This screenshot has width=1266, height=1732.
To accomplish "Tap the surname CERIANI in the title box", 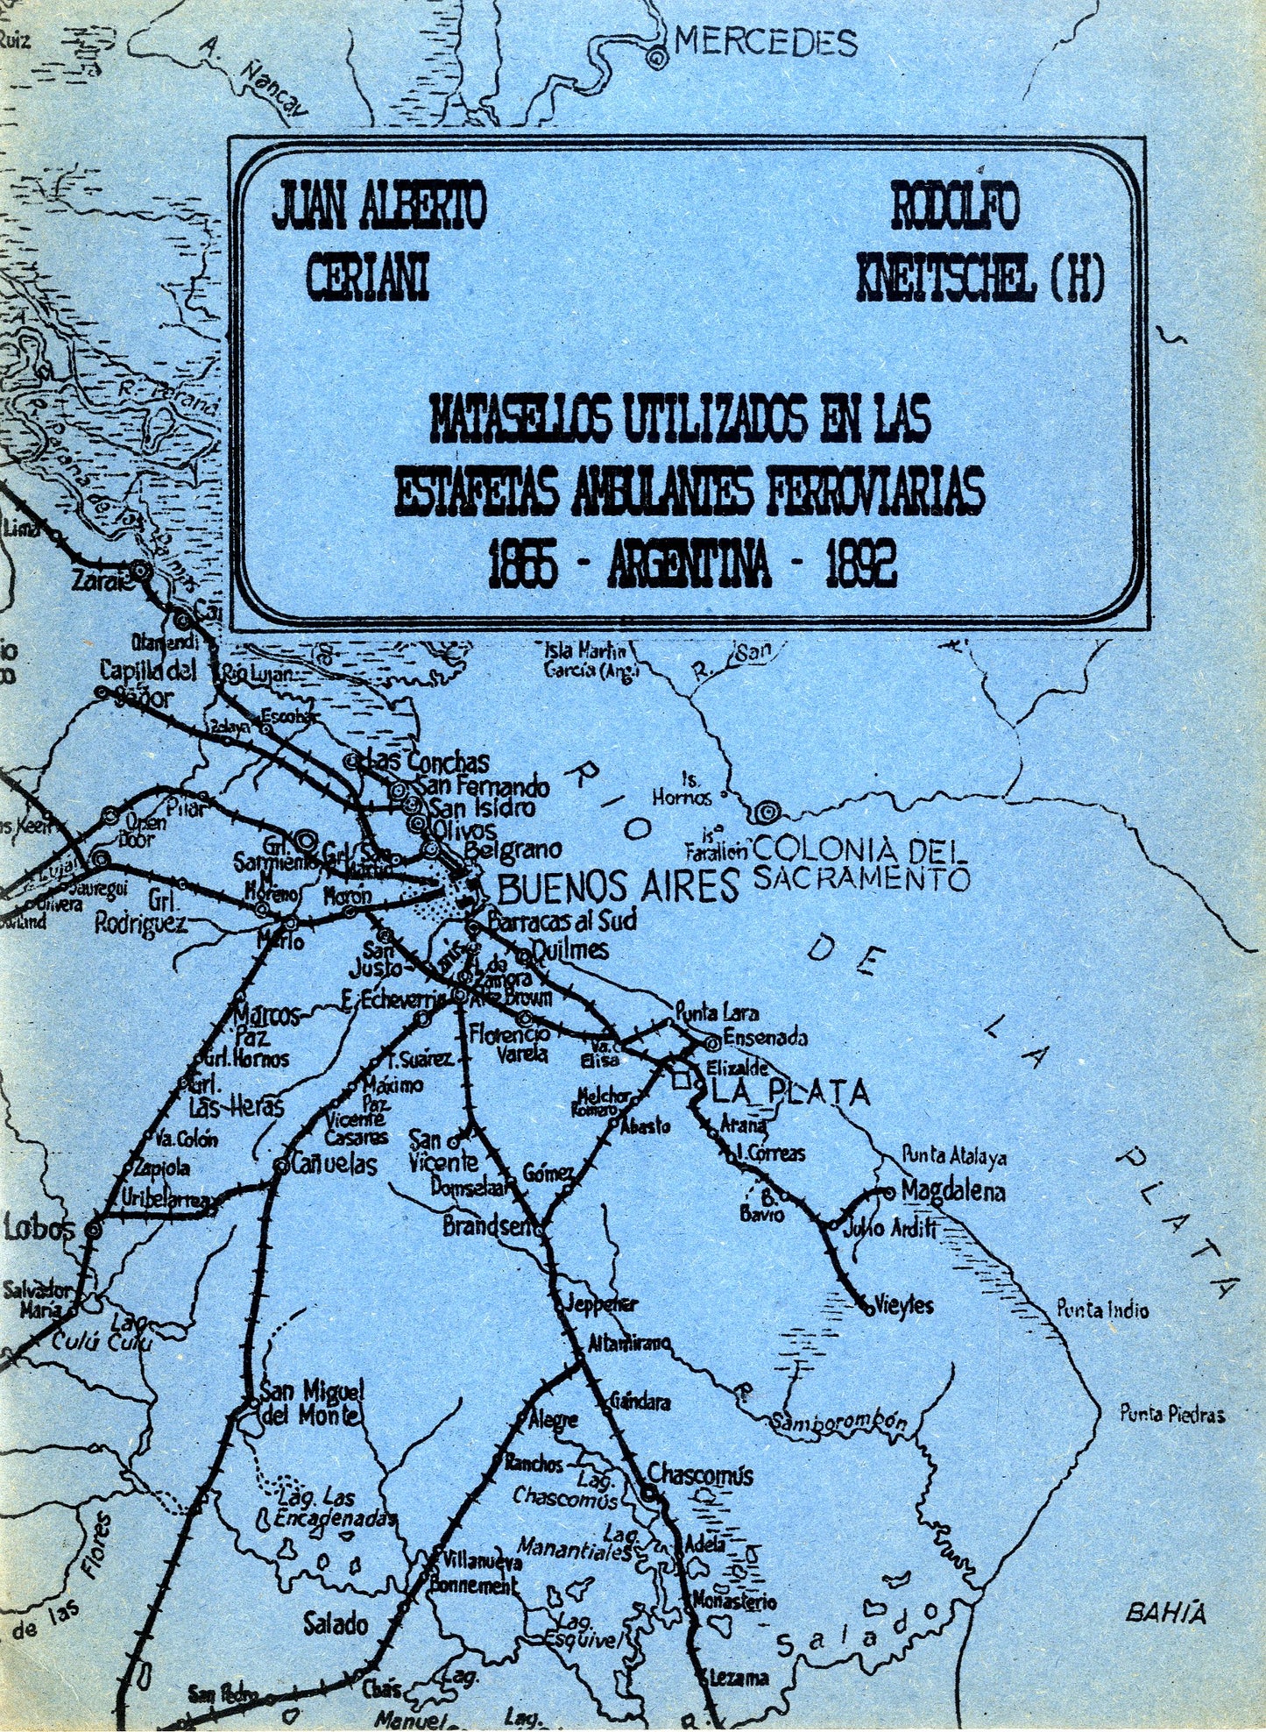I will [367, 278].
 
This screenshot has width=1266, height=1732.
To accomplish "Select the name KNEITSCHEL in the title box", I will [942, 279].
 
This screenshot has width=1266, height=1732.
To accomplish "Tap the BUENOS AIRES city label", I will [619, 888].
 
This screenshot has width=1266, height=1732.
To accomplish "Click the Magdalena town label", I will [953, 1191].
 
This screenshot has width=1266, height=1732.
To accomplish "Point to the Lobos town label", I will [40, 1227].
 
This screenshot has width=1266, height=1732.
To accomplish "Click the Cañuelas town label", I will [334, 1165].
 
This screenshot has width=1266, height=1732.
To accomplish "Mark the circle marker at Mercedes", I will [655, 58].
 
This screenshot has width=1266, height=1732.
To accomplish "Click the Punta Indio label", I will [1101, 1310].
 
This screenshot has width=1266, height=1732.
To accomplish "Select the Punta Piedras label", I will [1172, 1414].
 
